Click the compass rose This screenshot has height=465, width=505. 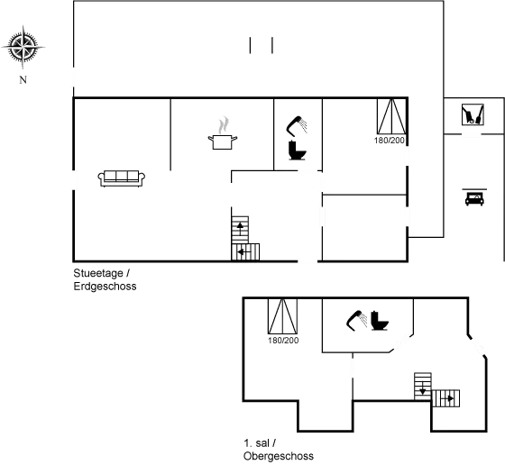click(x=23, y=48)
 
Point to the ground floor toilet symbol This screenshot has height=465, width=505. click(x=297, y=140)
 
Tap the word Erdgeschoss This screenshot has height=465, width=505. click(x=105, y=287)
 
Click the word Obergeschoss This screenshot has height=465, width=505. click(x=278, y=456)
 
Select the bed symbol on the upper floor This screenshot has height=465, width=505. click(x=282, y=325)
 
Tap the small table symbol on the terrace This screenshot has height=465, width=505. click(x=261, y=46)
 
